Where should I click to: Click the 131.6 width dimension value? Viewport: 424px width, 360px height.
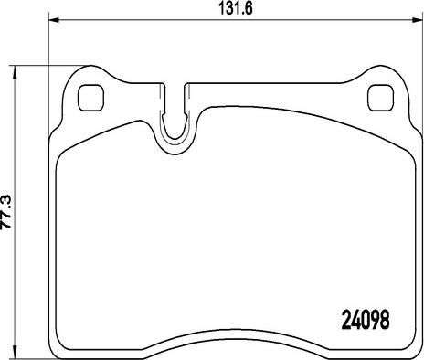coord(236,9)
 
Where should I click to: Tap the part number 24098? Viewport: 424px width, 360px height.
coord(366,320)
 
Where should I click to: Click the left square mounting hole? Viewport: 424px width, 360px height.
coord(91,98)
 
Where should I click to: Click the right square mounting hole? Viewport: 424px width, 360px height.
coord(380,98)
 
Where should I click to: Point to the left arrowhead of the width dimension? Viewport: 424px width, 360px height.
coord(54,20)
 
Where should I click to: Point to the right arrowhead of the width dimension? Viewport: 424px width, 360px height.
coord(417,20)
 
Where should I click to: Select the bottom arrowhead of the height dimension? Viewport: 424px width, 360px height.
coord(14,350)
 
